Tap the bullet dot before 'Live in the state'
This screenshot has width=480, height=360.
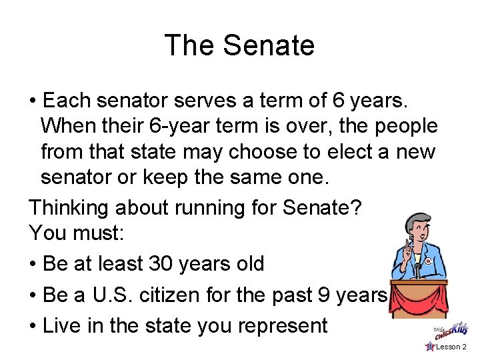(33, 326)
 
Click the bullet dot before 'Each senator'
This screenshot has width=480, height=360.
(33, 101)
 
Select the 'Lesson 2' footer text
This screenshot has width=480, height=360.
(451, 347)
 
